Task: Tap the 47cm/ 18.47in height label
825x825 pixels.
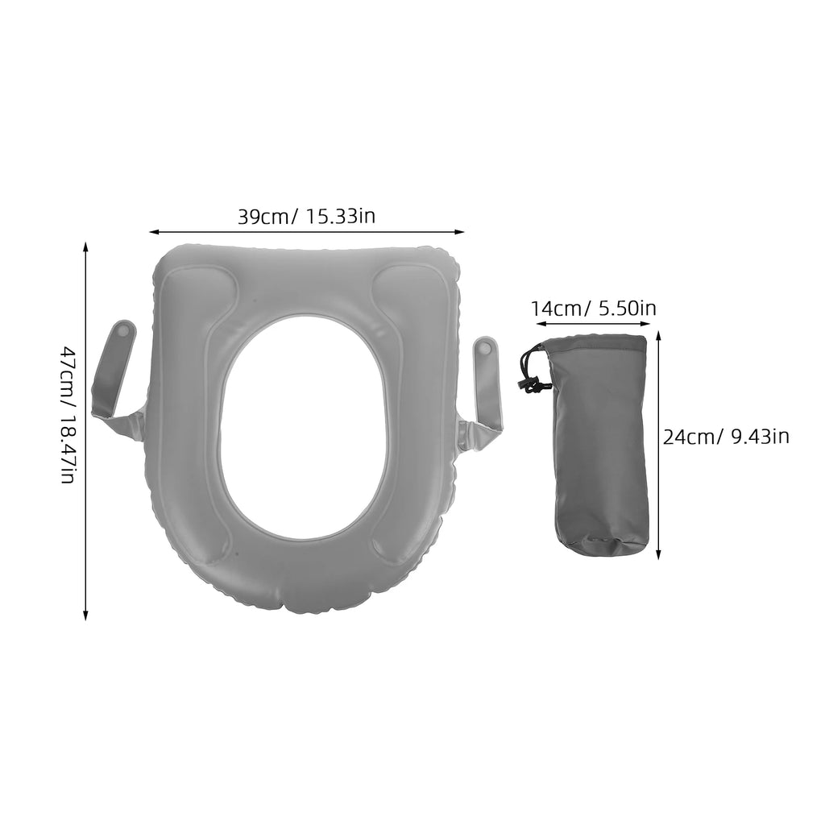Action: click(68, 415)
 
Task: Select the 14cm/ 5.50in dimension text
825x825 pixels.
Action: click(593, 308)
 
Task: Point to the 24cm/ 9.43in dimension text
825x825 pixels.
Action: click(726, 437)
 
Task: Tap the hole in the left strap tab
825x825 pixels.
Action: click(122, 330)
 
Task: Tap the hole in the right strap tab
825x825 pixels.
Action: click(485, 348)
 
